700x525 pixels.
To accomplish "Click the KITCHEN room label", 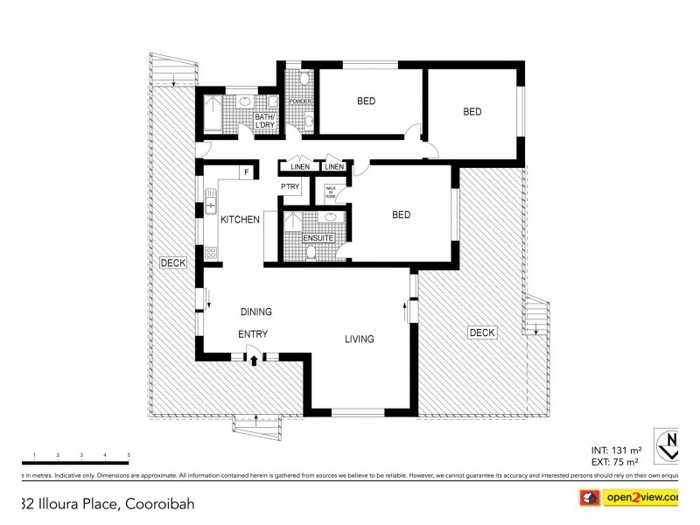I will point(239,220).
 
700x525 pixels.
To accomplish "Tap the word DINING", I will point(255,311).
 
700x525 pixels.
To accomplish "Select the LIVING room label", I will point(359,339).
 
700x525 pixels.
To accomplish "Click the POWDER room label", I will point(301,102).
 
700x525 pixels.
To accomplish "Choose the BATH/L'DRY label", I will point(265,122).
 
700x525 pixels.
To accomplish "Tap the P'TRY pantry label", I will point(290,187).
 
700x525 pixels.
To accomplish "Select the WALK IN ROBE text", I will point(332,192).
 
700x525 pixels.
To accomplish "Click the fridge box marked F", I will point(247,172).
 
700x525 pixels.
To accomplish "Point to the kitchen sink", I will point(211,206).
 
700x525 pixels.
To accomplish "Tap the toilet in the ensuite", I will point(311,253).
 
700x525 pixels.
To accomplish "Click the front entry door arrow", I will point(254,359).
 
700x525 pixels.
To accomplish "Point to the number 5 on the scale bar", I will point(129,455).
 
